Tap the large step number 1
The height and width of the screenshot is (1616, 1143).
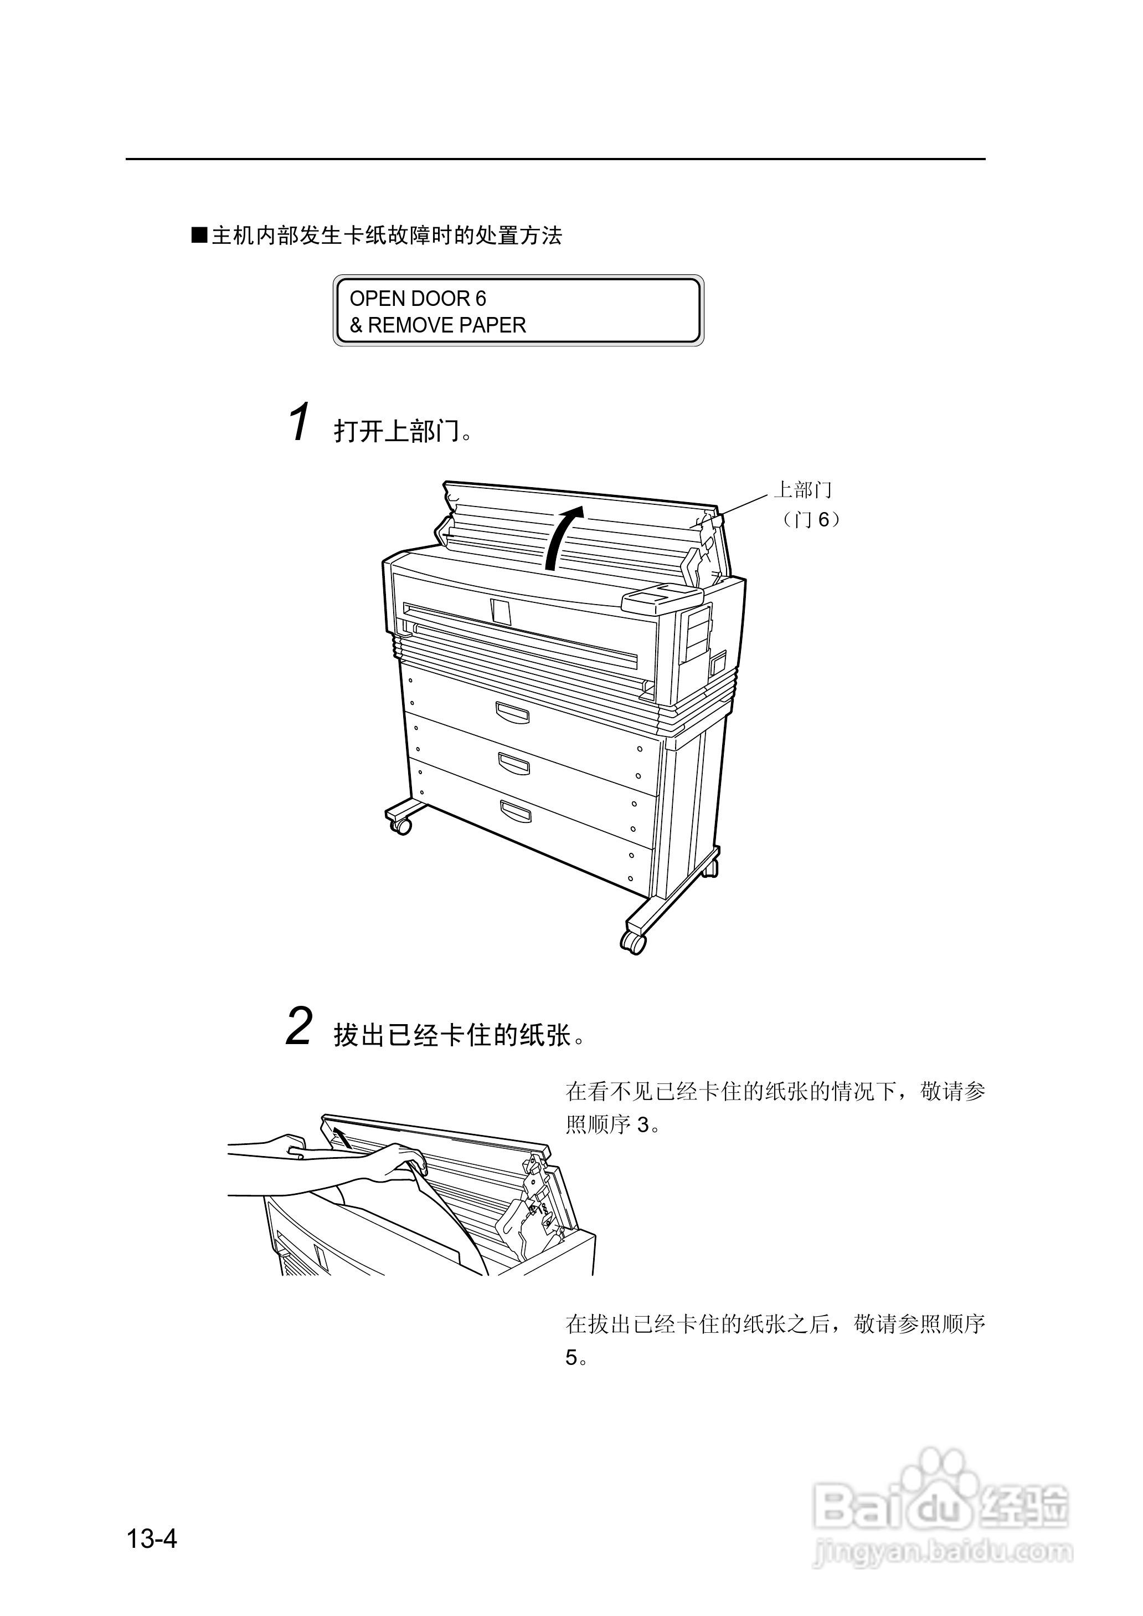click(300, 422)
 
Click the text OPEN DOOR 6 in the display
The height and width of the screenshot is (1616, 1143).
click(418, 299)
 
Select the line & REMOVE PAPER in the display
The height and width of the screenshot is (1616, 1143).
click(438, 325)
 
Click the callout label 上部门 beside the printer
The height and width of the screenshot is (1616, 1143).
click(802, 489)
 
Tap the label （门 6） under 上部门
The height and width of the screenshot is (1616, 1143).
click(810, 520)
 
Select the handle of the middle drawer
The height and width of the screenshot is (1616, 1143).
click(514, 762)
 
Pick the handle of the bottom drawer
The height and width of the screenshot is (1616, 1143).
click(516, 811)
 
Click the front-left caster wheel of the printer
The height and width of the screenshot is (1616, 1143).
click(400, 826)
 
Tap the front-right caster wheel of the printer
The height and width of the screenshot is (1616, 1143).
click(633, 942)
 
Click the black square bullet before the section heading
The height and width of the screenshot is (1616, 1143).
click(199, 235)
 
